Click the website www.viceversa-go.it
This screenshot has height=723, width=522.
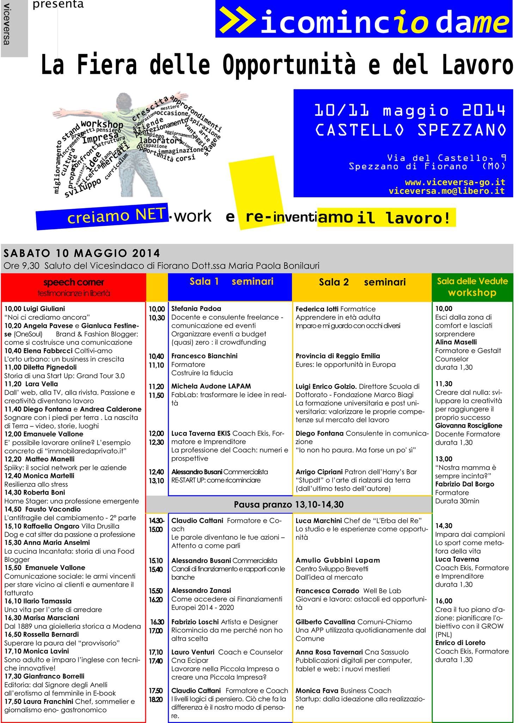[x=455, y=182]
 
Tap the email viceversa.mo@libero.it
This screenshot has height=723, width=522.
[x=447, y=191]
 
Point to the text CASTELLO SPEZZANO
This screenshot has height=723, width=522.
[x=411, y=130]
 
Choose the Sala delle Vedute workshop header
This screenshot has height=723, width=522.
[x=472, y=287]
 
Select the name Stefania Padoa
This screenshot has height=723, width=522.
[x=196, y=309]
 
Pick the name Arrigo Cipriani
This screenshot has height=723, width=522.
[x=319, y=472]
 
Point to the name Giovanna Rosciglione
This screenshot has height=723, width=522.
[x=468, y=425]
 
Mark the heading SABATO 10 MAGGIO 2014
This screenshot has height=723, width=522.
[x=82, y=253]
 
